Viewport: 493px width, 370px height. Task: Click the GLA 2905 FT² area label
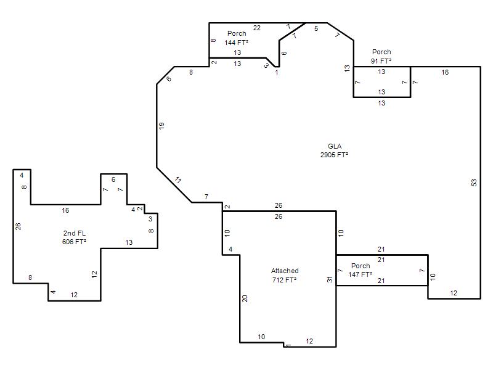click(x=334, y=150)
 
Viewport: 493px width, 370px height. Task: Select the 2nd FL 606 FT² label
click(x=74, y=237)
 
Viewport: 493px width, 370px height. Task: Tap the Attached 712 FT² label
click(x=285, y=275)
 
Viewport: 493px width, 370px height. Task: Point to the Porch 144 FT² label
click(x=237, y=38)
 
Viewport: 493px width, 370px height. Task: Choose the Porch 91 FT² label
click(x=381, y=56)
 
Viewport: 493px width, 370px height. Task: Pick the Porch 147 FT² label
click(x=361, y=270)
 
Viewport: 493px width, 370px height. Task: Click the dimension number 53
click(x=474, y=183)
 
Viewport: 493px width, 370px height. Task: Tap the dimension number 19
click(x=161, y=126)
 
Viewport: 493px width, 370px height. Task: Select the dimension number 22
click(x=257, y=28)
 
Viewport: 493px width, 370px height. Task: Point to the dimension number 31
click(x=330, y=279)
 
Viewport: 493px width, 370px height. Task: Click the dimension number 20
click(x=245, y=298)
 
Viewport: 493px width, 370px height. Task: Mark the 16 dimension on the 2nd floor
click(x=65, y=210)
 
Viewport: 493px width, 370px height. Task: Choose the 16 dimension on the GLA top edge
click(x=445, y=72)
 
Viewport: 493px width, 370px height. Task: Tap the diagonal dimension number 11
click(x=178, y=180)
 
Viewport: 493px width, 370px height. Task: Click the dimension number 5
click(x=316, y=28)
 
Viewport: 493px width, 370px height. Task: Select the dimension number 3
click(x=150, y=219)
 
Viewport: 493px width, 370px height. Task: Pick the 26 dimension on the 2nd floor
click(x=18, y=226)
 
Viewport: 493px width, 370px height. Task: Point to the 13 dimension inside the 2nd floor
click(x=129, y=242)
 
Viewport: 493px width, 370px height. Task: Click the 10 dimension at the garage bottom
click(x=261, y=337)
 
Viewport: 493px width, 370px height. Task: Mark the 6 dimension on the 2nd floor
click(x=113, y=179)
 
